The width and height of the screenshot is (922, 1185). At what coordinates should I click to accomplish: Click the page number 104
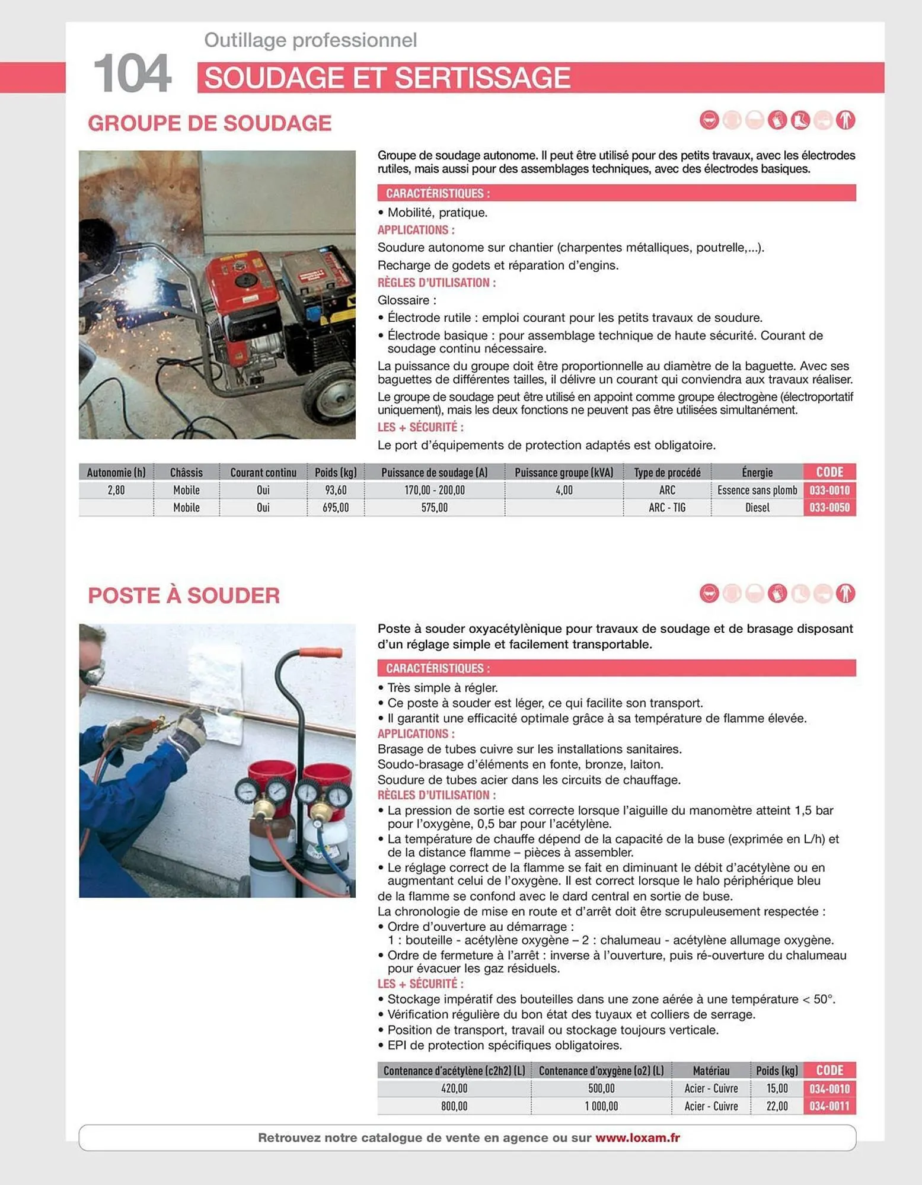pyautogui.click(x=132, y=74)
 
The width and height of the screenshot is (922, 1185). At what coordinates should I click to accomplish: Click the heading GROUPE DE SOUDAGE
pyautogui.click(x=209, y=123)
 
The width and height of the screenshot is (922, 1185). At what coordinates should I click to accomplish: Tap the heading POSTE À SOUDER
pyautogui.click(x=184, y=595)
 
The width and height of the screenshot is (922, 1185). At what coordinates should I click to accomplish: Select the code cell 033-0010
pyautogui.click(x=829, y=490)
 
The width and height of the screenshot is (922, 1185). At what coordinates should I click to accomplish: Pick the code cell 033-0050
pyautogui.click(x=829, y=508)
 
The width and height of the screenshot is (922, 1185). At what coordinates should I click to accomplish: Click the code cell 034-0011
pyautogui.click(x=829, y=1106)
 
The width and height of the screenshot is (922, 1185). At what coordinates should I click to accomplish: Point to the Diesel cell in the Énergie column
pyautogui.click(x=757, y=508)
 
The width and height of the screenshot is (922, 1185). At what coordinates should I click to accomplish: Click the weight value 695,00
pyautogui.click(x=336, y=508)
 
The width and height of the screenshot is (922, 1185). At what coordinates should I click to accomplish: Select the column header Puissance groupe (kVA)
pyautogui.click(x=563, y=472)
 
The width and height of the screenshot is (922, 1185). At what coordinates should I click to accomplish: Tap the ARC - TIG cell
pyautogui.click(x=666, y=508)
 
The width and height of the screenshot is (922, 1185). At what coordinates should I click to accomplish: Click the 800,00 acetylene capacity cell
pyautogui.click(x=454, y=1106)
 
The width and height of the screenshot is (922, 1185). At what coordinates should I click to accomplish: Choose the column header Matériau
pyautogui.click(x=710, y=1071)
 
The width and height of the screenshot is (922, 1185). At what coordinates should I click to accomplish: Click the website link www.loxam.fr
pyautogui.click(x=637, y=1138)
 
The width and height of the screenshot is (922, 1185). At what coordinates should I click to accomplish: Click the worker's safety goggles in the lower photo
pyautogui.click(x=92, y=672)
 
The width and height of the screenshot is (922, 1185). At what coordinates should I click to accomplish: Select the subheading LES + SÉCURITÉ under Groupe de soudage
pyautogui.click(x=420, y=427)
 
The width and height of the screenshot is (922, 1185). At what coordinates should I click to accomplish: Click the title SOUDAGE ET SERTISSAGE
pyautogui.click(x=387, y=78)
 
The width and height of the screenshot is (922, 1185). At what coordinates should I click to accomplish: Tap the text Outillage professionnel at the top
pyautogui.click(x=310, y=40)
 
